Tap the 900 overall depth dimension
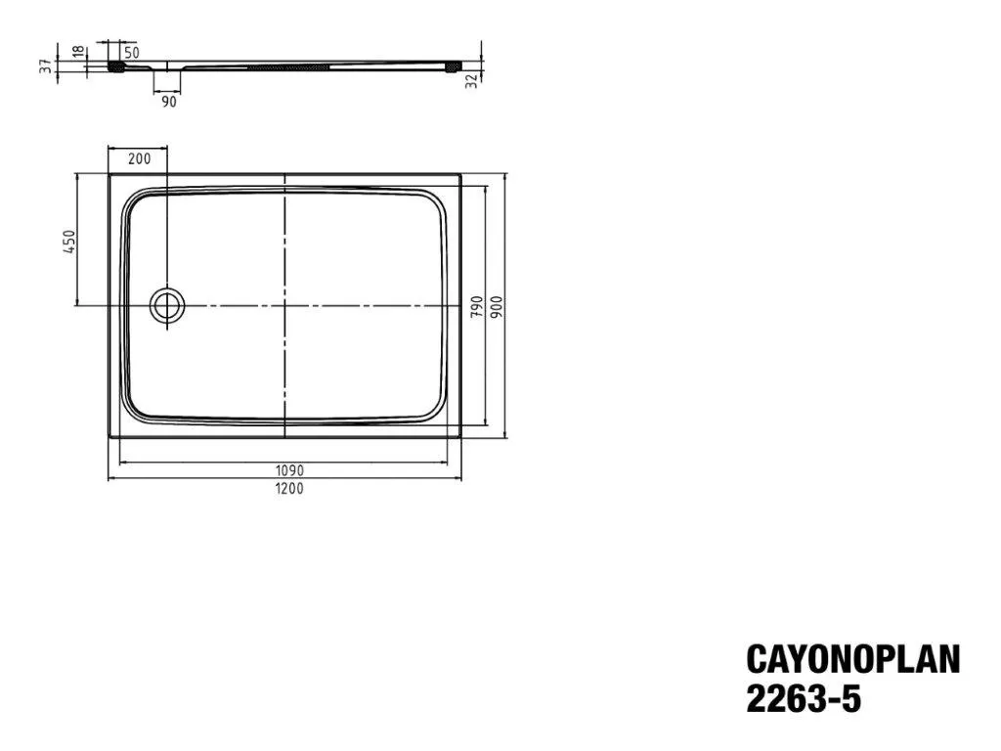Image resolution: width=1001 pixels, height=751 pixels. [x=499, y=306]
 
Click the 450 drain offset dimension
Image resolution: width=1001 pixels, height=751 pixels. [x=69, y=242]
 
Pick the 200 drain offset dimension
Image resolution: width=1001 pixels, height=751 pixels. [x=140, y=158]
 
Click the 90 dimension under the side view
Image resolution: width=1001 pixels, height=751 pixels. [x=169, y=101]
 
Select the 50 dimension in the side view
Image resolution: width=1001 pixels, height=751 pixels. [x=131, y=52]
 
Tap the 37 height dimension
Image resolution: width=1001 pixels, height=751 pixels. [x=45, y=66]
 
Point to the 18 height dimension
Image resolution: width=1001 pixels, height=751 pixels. [x=78, y=53]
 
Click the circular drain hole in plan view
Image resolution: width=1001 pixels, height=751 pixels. [x=167, y=305]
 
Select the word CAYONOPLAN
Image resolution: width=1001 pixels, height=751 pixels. [x=852, y=659]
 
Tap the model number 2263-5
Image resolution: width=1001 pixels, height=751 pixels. [x=805, y=699]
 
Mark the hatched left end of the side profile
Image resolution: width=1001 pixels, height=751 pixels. [x=117, y=67]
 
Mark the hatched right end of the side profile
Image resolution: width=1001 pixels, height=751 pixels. [x=452, y=67]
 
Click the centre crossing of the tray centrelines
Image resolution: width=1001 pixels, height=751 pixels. [x=284, y=306]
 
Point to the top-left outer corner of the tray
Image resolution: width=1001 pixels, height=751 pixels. [x=109, y=175]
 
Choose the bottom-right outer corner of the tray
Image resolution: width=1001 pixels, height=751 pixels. [x=461, y=436]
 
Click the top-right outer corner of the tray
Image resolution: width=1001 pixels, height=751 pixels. [x=461, y=175]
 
